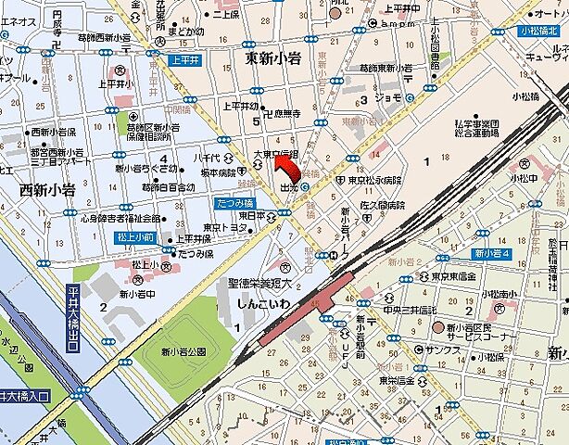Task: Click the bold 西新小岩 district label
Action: (46, 189)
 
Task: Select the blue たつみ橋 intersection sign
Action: (234, 201)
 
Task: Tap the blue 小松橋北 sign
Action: (539, 32)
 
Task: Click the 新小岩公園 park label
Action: (181, 351)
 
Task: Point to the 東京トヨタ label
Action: (225, 227)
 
